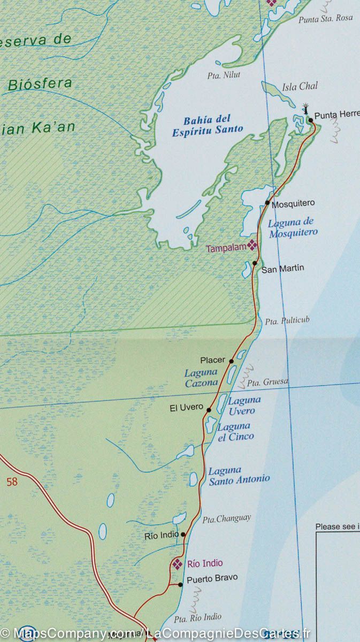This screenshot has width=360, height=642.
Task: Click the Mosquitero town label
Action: click(x=293, y=204)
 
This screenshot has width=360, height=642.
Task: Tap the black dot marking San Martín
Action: click(x=255, y=263)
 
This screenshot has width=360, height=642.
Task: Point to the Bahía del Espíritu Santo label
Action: click(x=207, y=124)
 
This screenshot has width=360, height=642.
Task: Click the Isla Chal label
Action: click(x=300, y=86)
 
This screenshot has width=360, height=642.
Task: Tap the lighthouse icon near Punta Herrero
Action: click(x=306, y=109)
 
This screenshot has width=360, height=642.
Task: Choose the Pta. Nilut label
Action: click(x=224, y=75)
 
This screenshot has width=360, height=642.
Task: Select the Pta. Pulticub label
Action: click(x=287, y=321)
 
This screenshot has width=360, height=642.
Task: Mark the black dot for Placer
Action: click(x=232, y=361)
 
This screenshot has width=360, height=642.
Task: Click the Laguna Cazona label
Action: click(x=201, y=378)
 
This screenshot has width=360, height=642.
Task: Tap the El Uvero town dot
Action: click(x=209, y=410)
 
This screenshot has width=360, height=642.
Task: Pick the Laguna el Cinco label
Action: click(x=235, y=431)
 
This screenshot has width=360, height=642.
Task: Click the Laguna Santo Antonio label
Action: click(x=239, y=475)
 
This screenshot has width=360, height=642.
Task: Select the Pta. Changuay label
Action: click(x=226, y=518)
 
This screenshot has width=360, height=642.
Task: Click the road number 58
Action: click(x=12, y=482)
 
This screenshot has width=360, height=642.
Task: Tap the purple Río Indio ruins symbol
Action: click(x=178, y=563)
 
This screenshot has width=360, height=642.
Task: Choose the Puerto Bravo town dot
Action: click(x=180, y=585)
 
